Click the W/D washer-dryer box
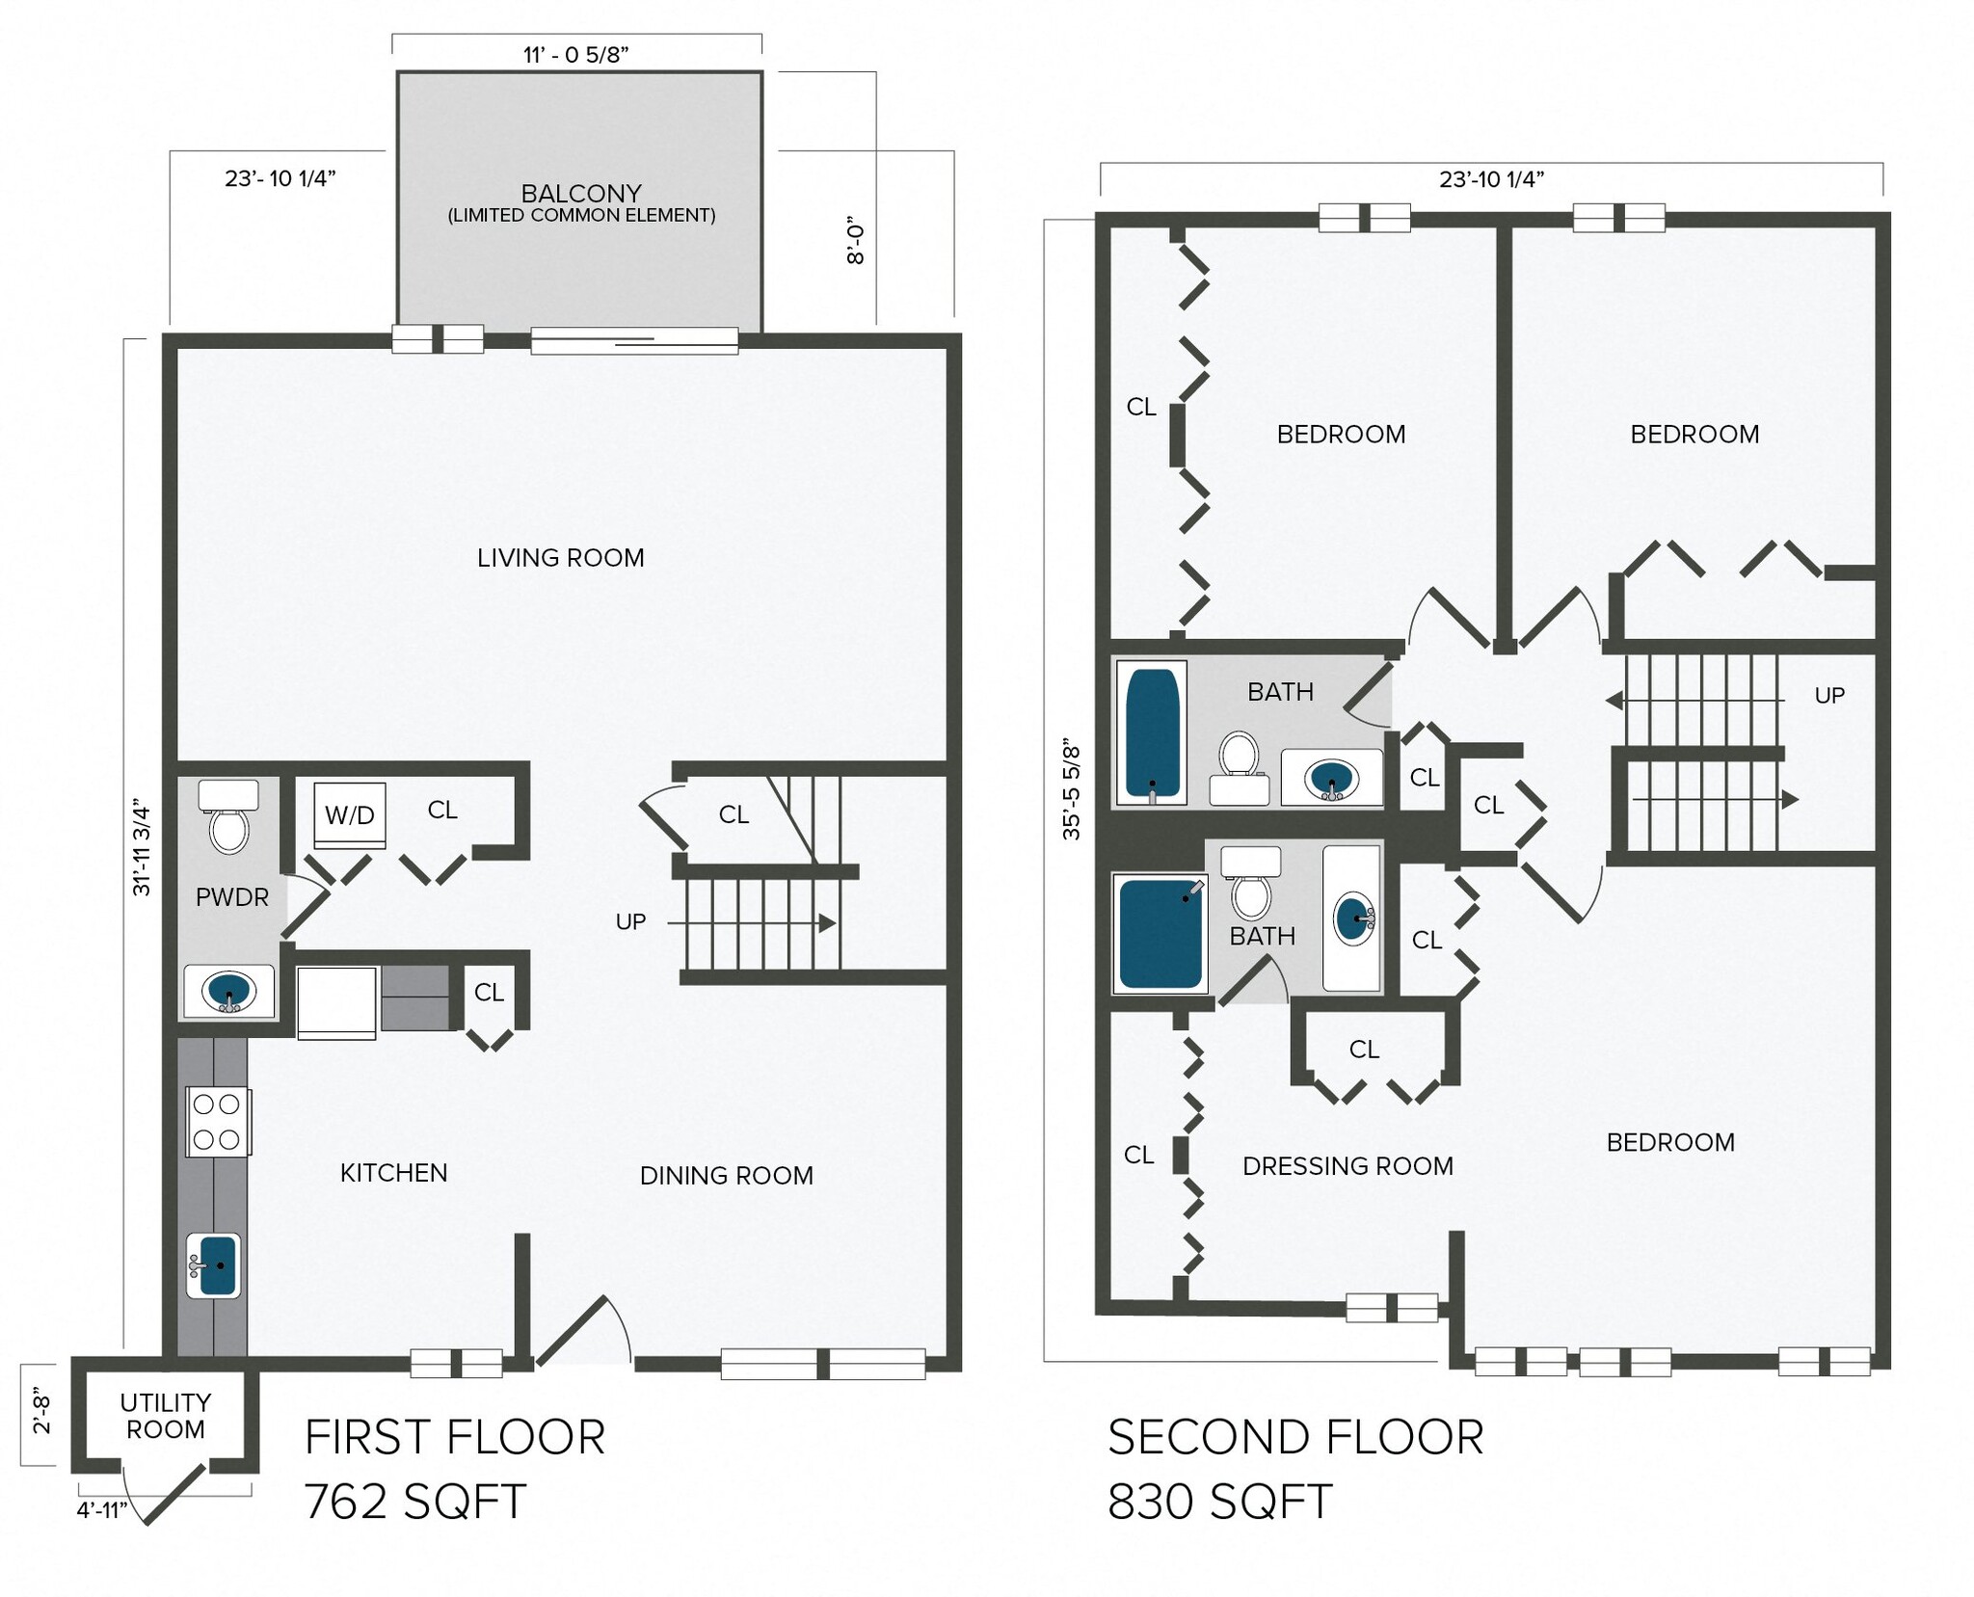(x=350, y=815)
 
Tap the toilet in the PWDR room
(x=228, y=819)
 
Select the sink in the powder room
(x=228, y=992)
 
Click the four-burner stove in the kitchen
(x=218, y=1122)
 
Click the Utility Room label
(x=166, y=1416)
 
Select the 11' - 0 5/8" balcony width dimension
(x=576, y=55)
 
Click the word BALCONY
(x=581, y=194)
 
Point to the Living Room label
(x=560, y=558)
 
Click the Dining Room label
(x=726, y=1176)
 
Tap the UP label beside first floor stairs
(x=630, y=922)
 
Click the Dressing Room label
(x=1347, y=1166)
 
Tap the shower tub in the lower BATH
(x=1159, y=933)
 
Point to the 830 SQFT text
(x=1219, y=1502)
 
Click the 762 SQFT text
(x=415, y=1502)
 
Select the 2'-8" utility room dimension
(x=41, y=1414)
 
